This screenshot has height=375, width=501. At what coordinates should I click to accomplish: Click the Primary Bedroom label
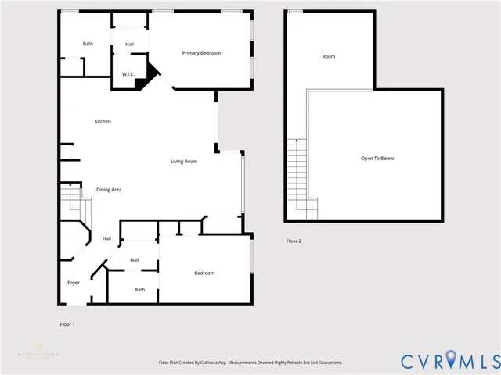tap(201, 53)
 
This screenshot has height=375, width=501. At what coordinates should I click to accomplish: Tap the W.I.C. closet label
tap(127, 74)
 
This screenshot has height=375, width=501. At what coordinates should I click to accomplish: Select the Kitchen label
tap(103, 122)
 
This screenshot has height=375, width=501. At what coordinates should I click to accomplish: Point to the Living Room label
tap(184, 162)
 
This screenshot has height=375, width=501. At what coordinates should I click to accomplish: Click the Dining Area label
tap(109, 190)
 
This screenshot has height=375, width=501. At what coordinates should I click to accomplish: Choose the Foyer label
tap(74, 283)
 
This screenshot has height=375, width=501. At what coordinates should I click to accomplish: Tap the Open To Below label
tap(377, 159)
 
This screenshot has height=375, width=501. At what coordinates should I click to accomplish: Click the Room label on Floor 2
tap(329, 57)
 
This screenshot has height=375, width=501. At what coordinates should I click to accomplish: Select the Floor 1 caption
tap(67, 323)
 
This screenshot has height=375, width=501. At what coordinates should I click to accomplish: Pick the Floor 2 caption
tap(294, 241)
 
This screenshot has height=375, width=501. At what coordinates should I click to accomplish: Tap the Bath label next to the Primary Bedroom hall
tap(88, 44)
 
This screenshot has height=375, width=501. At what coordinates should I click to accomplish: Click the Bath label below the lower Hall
tap(139, 290)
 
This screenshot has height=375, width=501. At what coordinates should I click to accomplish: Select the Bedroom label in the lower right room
tap(204, 273)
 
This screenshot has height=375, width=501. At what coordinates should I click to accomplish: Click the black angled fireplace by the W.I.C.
tap(150, 75)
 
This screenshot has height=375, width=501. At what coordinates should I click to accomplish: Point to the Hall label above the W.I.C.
tap(129, 44)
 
